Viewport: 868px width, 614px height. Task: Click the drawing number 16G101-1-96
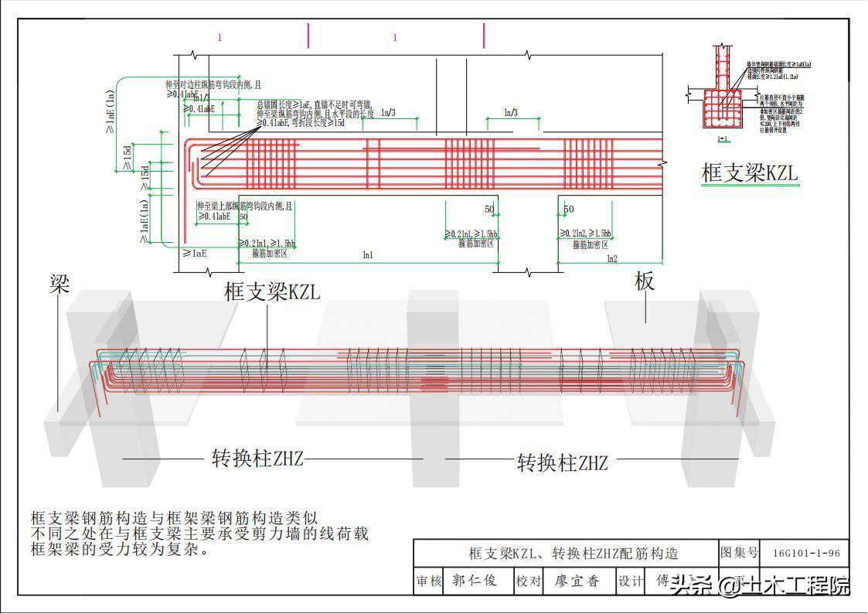coord(805,554)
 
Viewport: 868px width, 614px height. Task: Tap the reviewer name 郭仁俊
coord(475,581)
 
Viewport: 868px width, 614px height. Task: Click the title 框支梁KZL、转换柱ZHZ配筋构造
coord(573,554)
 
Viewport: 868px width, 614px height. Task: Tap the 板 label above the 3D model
coord(645,282)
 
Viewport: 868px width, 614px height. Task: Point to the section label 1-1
coord(722,139)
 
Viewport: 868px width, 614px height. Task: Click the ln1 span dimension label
coord(368,254)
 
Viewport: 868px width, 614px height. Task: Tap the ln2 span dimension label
coord(612,258)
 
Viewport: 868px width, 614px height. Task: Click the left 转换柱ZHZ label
coord(257,459)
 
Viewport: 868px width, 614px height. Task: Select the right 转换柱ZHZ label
coord(562,463)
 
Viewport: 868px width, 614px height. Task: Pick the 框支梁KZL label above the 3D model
coord(271,292)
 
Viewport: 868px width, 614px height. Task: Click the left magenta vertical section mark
coord(308,36)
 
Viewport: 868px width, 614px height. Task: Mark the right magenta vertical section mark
coord(484,36)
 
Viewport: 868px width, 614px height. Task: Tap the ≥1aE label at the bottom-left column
coord(195,253)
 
